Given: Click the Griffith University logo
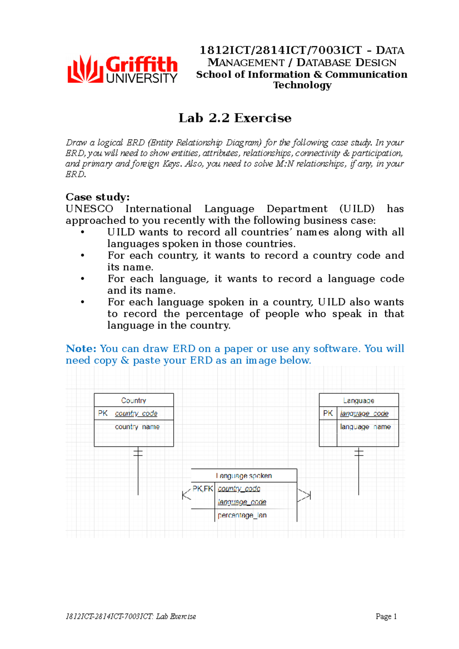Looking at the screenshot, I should click(x=122, y=69).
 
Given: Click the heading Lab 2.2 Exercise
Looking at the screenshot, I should click(x=235, y=118).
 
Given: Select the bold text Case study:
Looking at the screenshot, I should click(x=98, y=197).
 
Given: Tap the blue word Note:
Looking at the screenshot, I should click(x=81, y=349).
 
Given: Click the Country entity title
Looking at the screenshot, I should click(x=133, y=400).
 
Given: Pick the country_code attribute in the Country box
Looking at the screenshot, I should click(x=136, y=413).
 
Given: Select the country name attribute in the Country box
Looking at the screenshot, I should click(x=137, y=427).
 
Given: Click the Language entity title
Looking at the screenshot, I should click(x=358, y=400).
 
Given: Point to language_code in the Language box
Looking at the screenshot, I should click(x=364, y=413).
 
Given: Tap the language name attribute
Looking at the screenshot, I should click(x=365, y=427).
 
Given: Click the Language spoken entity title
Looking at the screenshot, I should click(x=244, y=475).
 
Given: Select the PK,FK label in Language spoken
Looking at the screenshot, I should click(x=203, y=488).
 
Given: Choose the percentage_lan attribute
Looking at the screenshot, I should click(x=242, y=515).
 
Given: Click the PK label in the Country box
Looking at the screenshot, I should click(x=103, y=413).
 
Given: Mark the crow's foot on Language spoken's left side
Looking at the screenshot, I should click(x=186, y=495).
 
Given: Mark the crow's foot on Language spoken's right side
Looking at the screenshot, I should click(x=304, y=495).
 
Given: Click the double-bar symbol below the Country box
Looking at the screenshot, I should click(x=138, y=453).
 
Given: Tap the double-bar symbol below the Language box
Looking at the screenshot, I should click(x=359, y=453).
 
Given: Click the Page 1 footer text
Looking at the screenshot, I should click(x=386, y=616).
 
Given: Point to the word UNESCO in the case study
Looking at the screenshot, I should click(x=90, y=209).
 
